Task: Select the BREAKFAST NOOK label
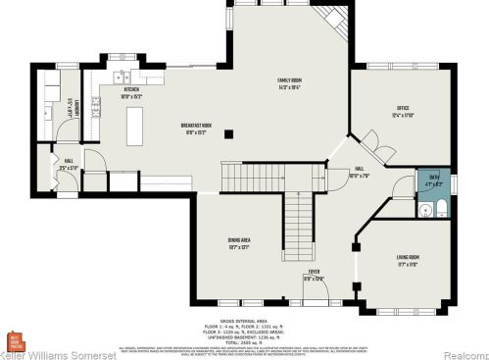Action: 198,128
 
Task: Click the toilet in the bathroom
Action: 440,208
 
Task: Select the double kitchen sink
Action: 120,77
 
